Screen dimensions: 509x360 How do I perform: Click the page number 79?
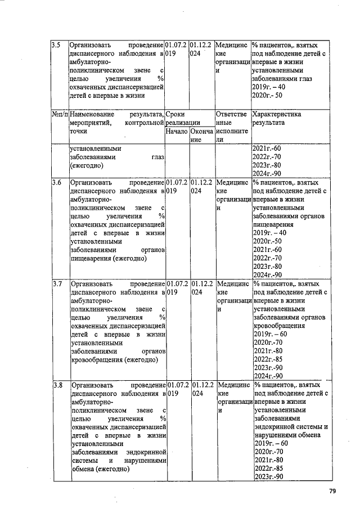(332, 492)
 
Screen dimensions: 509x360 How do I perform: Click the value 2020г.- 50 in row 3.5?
(269, 96)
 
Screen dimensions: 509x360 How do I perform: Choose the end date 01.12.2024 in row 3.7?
(201, 288)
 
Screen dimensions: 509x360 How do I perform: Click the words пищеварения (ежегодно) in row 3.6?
(109, 259)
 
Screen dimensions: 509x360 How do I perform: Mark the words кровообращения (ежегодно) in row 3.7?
(114, 360)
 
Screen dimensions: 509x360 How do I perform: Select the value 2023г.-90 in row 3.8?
(268, 477)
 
